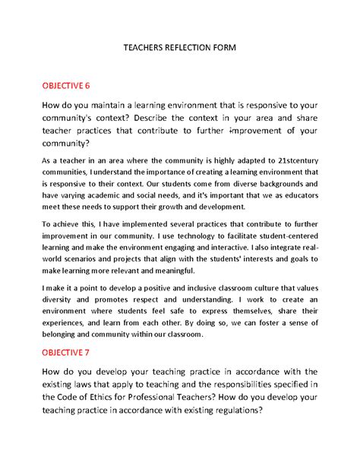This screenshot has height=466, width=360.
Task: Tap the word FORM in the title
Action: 226,47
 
